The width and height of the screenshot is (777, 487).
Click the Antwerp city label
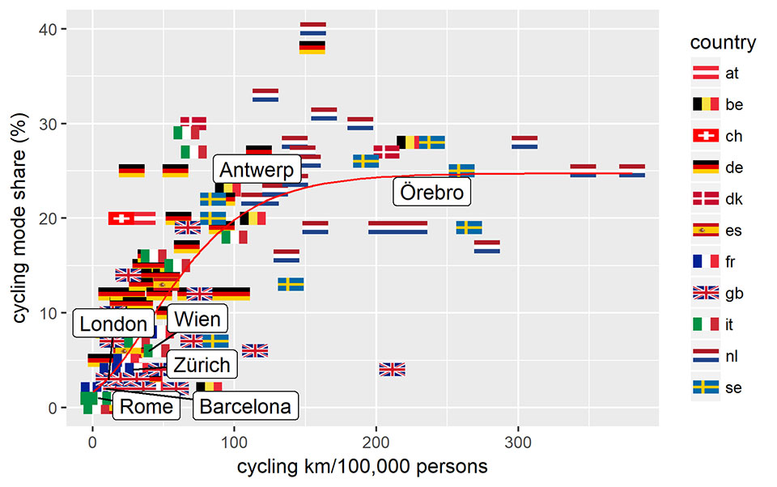pos(257,171)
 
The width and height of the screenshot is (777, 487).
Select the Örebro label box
pos(432,193)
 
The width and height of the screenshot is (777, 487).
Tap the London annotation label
pos(113,324)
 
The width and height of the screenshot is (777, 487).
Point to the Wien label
pos(197,319)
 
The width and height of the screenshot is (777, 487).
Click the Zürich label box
pos(202,364)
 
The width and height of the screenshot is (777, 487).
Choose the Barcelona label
pos(245,406)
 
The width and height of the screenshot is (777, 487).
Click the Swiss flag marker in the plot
pos(121,218)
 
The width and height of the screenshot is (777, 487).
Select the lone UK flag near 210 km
pos(392,369)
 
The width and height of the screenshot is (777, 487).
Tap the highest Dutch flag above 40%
pos(312,29)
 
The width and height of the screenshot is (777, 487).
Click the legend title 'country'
pos(724,43)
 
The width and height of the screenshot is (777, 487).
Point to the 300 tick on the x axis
pos(517,444)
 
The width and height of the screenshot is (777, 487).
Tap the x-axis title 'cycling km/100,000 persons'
pos(362,468)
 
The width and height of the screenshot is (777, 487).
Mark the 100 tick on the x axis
pos(234,444)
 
